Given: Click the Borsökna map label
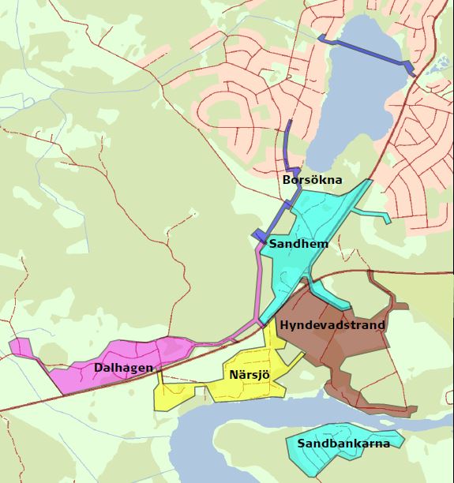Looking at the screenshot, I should click(x=313, y=180).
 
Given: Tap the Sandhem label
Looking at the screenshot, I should click(x=298, y=244).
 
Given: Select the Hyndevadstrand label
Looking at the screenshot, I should click(x=332, y=324).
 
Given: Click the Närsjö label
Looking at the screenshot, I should click(x=250, y=374).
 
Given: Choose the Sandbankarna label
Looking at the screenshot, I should click(x=343, y=444).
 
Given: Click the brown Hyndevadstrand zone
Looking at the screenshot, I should click(x=347, y=355).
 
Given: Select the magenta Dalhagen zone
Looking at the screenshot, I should click(x=158, y=351).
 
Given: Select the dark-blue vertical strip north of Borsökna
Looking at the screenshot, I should click(x=288, y=142).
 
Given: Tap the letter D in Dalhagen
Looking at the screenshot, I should click(x=98, y=367).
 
